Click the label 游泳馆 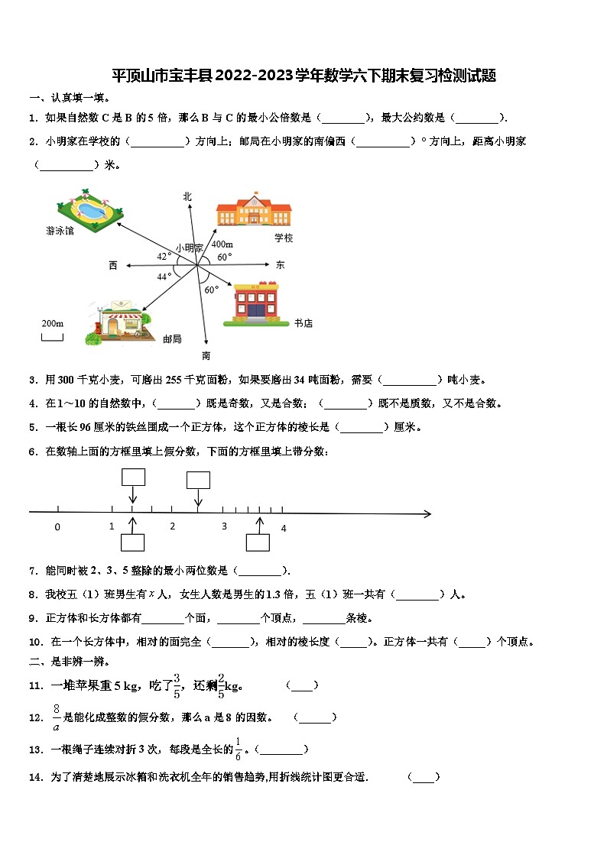tap(60, 231)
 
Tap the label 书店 tap(303, 323)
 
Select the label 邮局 tap(172, 338)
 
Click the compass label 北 tap(187, 197)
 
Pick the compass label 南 tap(206, 355)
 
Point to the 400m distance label tap(222, 244)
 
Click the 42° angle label tap(164, 256)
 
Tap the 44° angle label tap(164, 277)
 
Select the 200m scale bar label tap(52, 324)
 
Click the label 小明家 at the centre tap(189, 248)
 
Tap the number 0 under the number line tap(57, 527)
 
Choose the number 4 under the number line tap(283, 528)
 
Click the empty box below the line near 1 tap(133, 542)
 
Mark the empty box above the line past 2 tap(198, 480)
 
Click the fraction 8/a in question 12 tap(57, 717)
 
